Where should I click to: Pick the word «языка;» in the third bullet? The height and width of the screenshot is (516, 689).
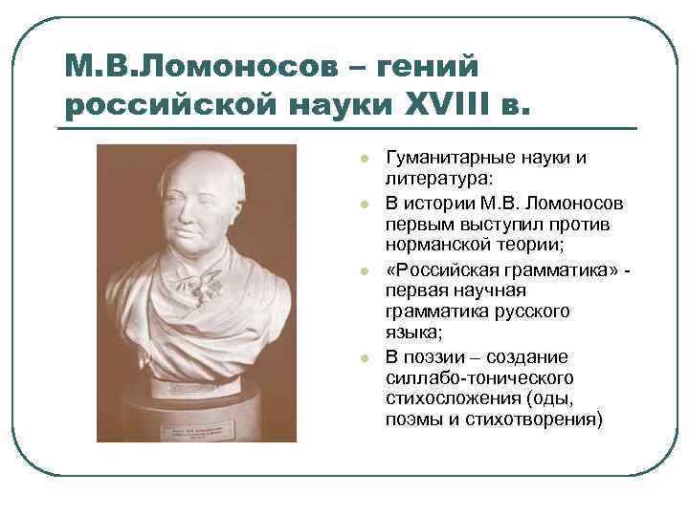tap(412, 333)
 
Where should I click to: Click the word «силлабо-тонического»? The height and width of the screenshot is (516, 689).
tap(478, 378)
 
